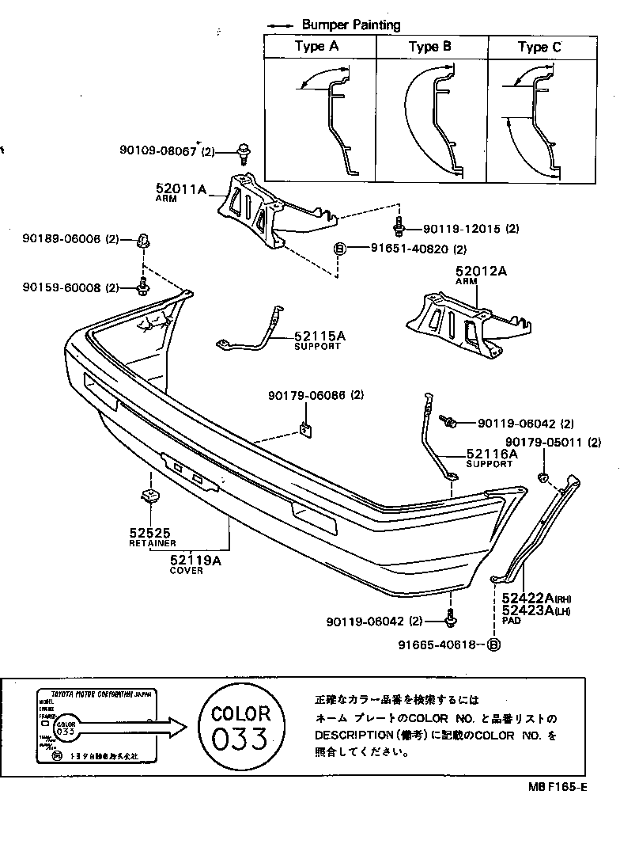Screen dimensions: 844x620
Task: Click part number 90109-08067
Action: tap(157, 150)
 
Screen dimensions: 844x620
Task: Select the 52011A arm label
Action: tap(180, 189)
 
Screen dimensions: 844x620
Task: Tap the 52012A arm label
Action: tap(480, 272)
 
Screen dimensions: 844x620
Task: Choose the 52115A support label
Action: tap(319, 336)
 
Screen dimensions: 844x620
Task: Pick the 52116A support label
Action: tap(491, 454)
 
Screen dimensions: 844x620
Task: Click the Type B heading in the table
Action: tap(429, 47)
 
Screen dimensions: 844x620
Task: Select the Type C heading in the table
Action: tap(539, 47)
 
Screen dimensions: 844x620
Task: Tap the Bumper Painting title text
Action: tap(351, 25)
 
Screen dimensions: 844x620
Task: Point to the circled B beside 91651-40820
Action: tap(340, 249)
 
